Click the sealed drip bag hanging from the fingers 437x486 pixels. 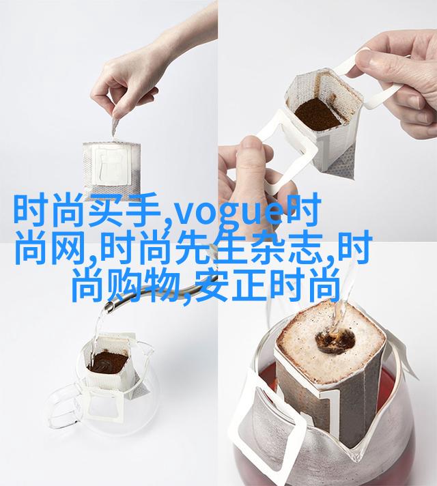[112, 167]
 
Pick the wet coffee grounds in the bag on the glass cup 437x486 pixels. [108, 362]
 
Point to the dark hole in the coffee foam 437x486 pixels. [335, 341]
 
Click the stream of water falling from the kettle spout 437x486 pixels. [96, 334]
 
